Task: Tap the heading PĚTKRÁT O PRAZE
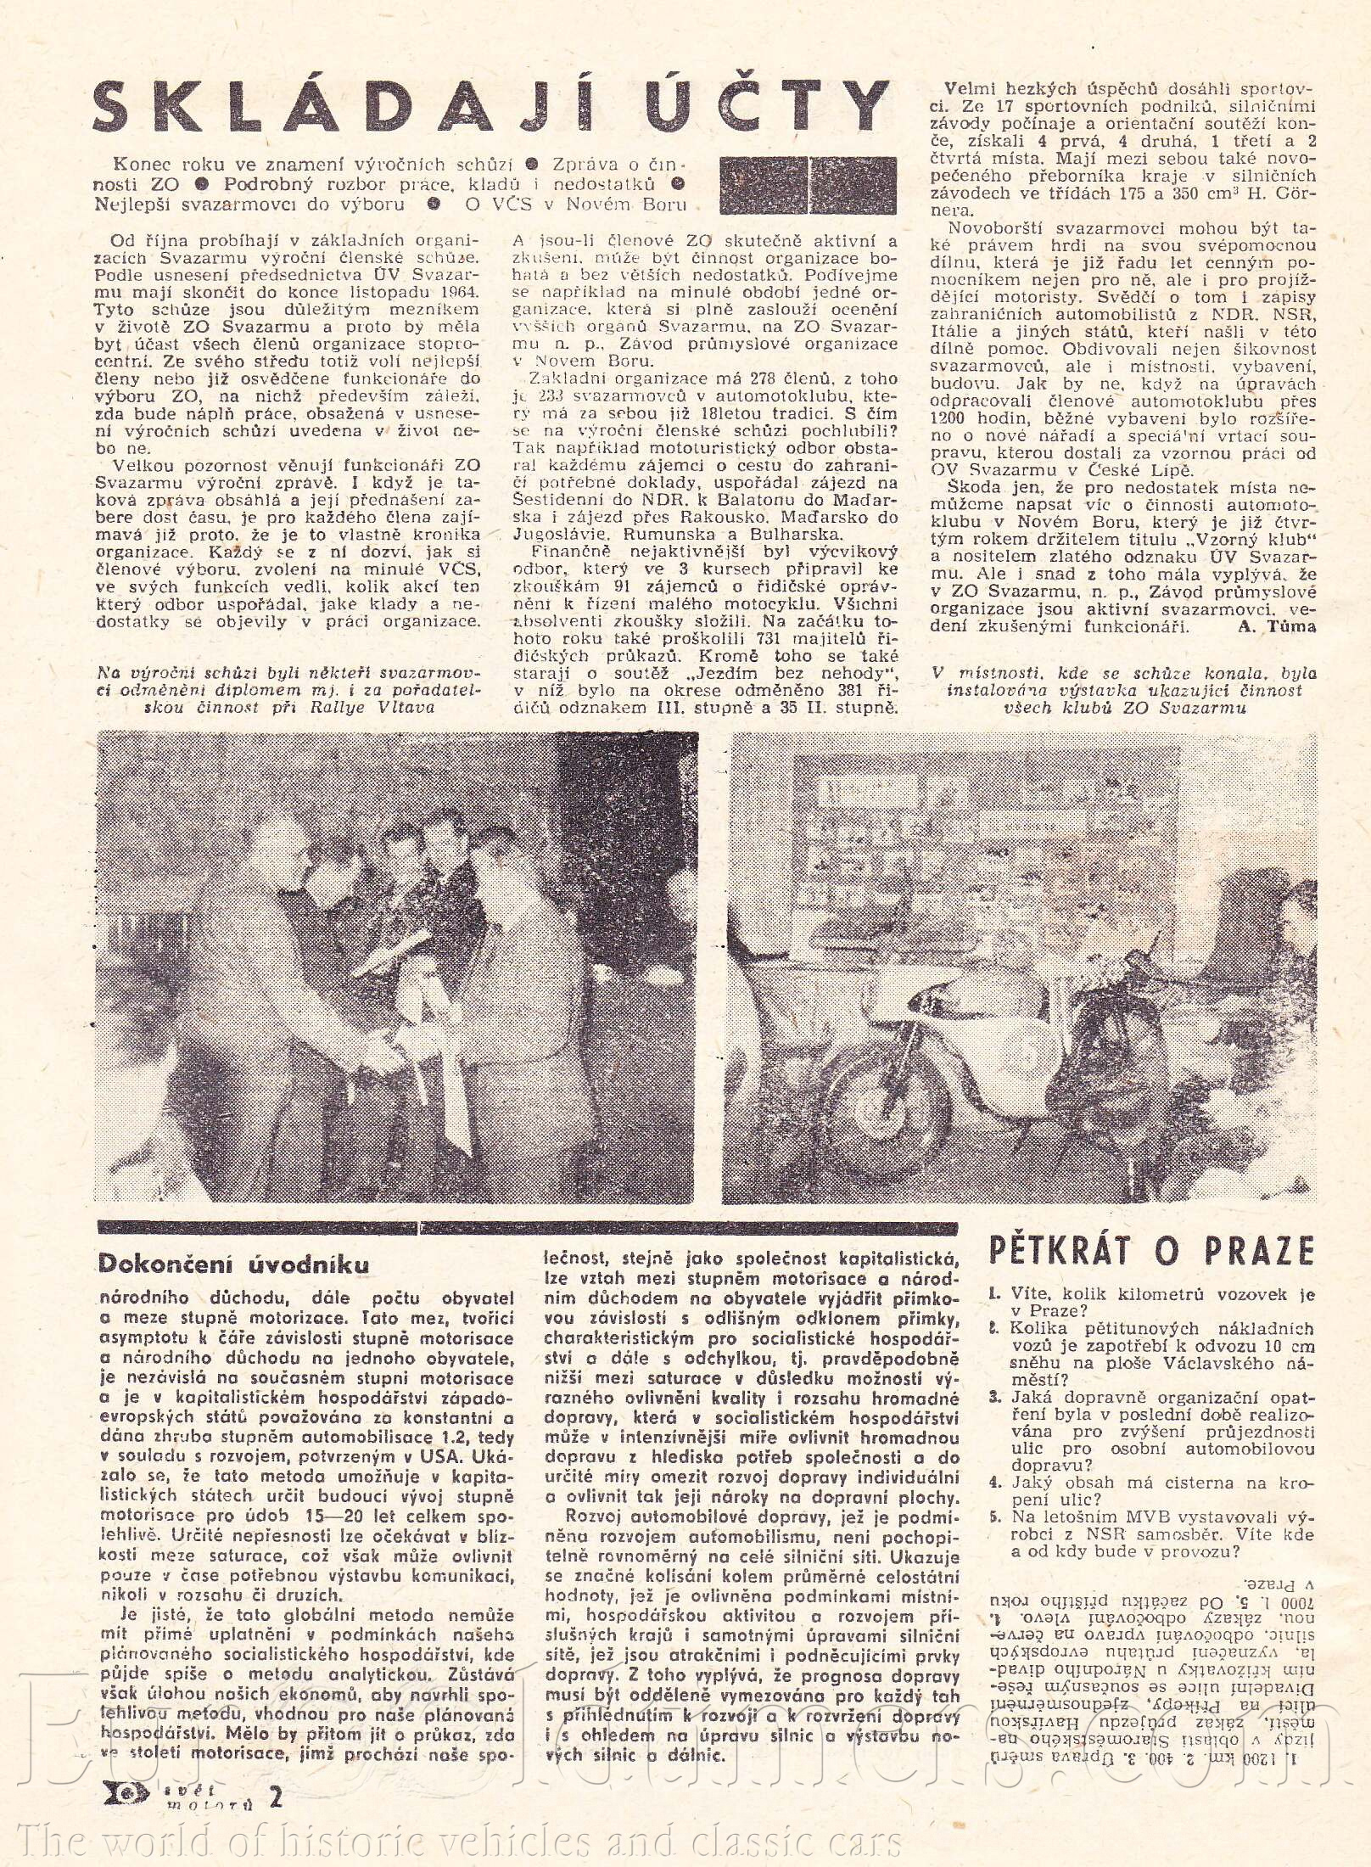[1151, 1249]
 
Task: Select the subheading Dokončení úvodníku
[233, 1264]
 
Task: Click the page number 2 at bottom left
[273, 1822]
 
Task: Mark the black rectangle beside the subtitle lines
[808, 185]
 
